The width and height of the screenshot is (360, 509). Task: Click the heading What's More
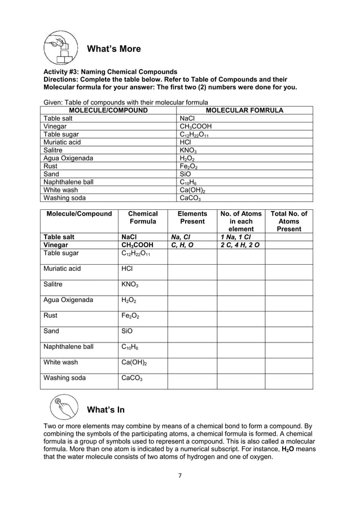113,49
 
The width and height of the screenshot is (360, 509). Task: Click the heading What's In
106,409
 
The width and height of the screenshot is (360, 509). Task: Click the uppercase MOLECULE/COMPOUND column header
108,111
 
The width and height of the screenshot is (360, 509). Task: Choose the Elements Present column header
192,222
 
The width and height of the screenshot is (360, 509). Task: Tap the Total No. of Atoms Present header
289,222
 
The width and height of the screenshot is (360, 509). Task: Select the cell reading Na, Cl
181,238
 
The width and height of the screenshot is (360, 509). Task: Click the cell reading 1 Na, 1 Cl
236,238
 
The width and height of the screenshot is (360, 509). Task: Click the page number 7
179,475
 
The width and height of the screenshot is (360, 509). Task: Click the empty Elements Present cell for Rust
192,319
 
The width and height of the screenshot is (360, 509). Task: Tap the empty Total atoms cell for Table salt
289,238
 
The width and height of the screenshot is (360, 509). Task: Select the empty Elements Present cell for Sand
192,335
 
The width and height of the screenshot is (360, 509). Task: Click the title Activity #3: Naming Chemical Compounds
111,72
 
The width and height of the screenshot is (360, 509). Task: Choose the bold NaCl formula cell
130,238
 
